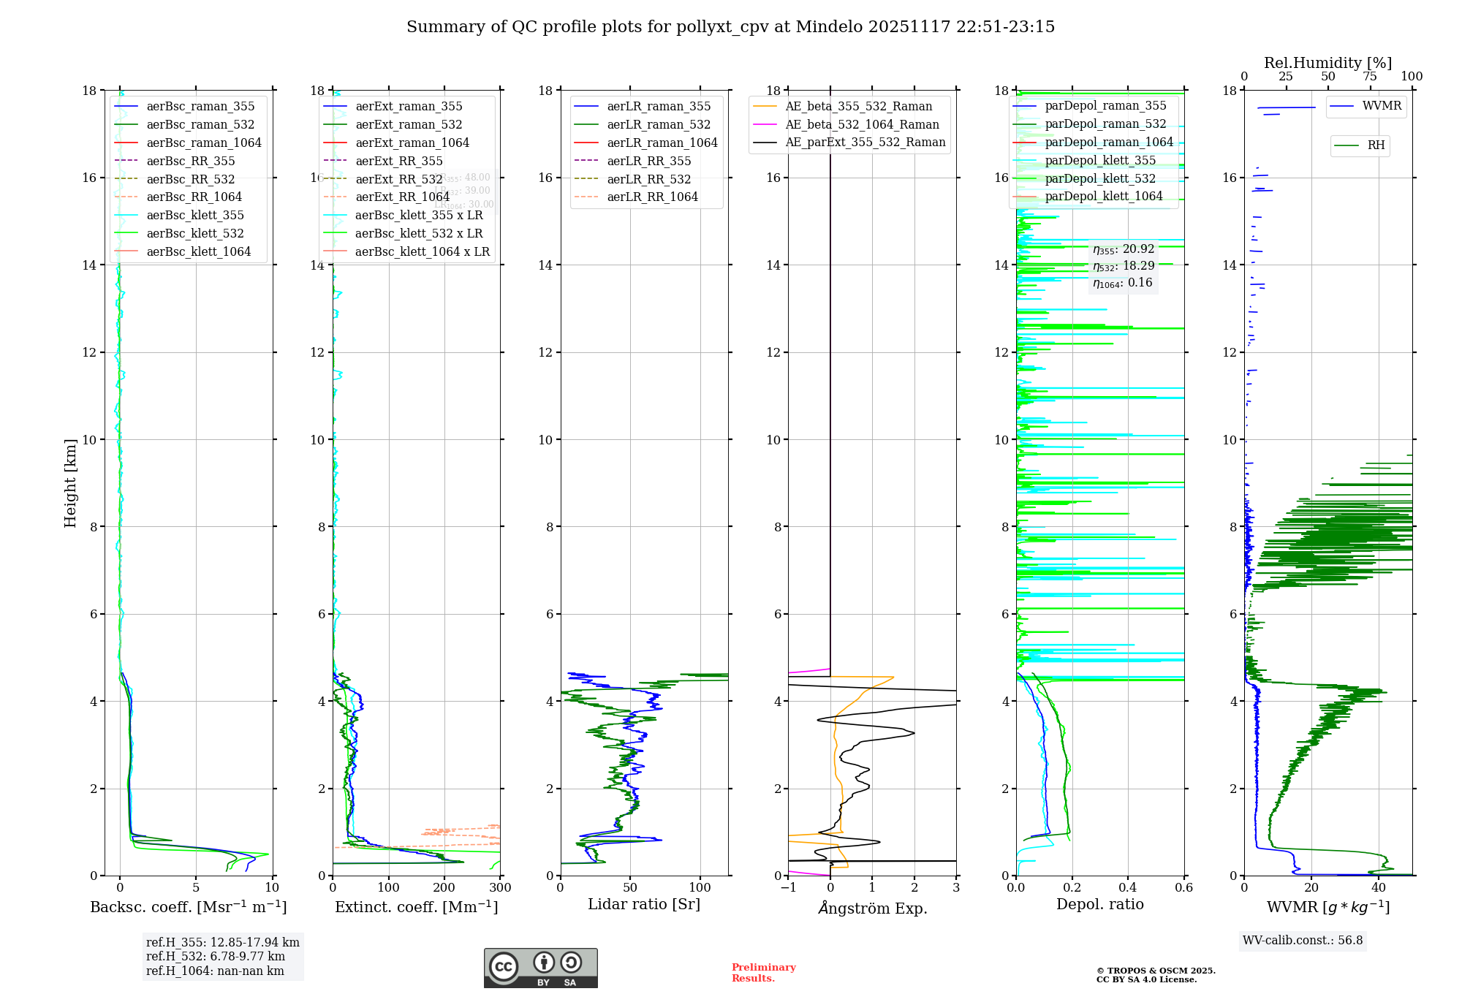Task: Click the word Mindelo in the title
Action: coord(829,27)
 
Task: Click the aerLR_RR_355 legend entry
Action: coord(648,161)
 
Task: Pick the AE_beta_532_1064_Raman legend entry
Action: coord(862,124)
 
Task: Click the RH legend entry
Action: coord(1376,145)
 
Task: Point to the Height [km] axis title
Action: coord(70,483)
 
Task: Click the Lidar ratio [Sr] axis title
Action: coord(643,904)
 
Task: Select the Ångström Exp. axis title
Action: coord(872,908)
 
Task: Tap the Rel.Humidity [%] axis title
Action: coord(1327,63)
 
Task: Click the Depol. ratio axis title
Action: coord(1099,904)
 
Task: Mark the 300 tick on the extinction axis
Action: coord(500,888)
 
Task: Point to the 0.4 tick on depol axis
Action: coord(1128,888)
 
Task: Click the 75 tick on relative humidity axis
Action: coord(1370,77)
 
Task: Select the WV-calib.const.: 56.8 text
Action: coord(1303,941)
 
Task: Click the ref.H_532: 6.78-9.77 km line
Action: coord(215,957)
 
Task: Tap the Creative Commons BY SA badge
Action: coord(540,968)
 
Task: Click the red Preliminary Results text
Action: coord(763,973)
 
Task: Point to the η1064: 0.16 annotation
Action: coord(1122,283)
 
